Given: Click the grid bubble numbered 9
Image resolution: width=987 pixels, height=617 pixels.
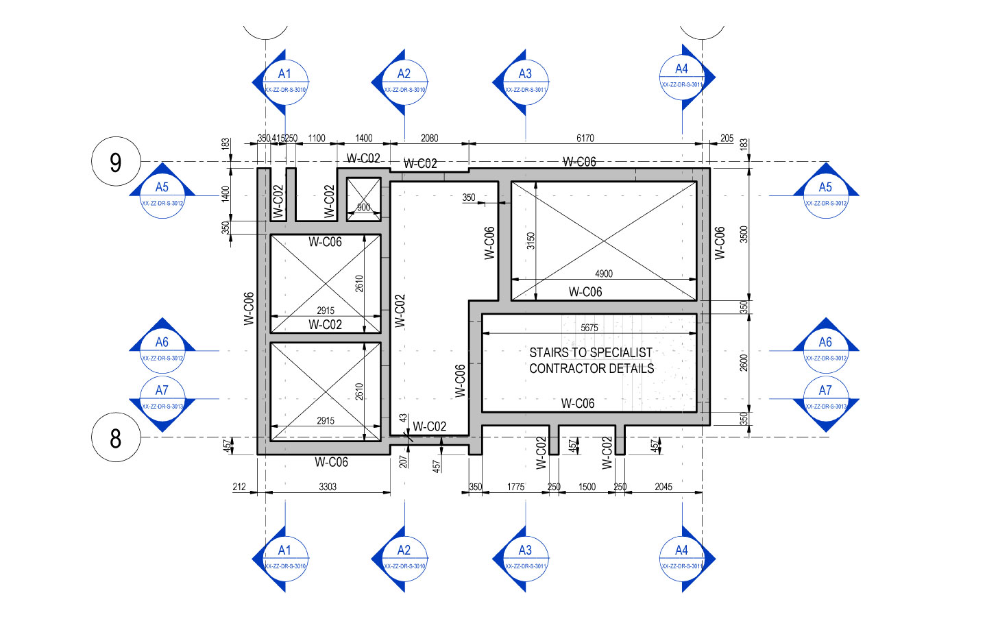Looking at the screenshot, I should click(116, 162).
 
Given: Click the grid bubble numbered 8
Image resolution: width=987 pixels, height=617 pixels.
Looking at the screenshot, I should click(116, 437).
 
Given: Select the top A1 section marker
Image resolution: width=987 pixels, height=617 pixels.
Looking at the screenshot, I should click(284, 82).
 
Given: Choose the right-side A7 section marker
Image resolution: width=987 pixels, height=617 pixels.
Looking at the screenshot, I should click(826, 398).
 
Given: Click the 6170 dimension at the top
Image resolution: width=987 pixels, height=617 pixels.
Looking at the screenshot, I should click(585, 138).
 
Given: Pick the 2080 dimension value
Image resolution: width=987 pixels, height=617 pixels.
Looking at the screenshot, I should click(430, 138).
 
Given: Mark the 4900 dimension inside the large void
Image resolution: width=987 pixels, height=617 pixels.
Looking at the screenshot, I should click(604, 274).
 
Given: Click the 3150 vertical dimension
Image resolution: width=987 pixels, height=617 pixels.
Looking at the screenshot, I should click(531, 241).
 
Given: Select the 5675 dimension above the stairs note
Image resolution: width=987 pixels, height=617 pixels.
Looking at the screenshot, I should click(589, 328).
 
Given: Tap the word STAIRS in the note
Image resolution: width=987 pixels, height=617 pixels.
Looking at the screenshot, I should click(549, 352).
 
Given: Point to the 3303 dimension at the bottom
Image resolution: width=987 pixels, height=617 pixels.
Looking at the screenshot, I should click(328, 487).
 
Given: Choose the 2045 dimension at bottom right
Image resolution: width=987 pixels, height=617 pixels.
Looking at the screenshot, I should click(663, 487).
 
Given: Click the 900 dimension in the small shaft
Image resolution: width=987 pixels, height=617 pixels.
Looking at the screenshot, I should click(363, 207).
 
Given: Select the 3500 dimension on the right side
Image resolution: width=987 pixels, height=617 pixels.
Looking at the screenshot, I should click(744, 234).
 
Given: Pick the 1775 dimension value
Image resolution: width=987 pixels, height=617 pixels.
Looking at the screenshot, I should click(516, 487).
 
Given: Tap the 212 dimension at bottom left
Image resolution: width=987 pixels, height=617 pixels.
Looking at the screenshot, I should click(239, 487).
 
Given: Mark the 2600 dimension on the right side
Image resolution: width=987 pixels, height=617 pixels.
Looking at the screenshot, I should click(744, 363).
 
